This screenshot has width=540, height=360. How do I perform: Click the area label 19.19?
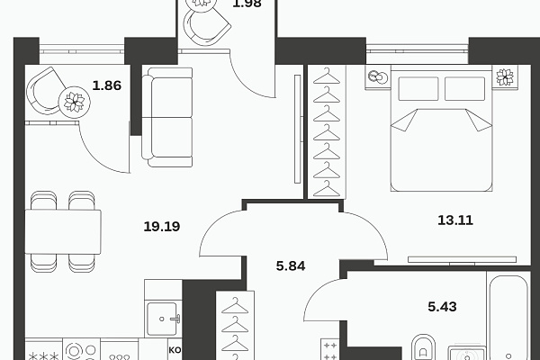coord(162,227)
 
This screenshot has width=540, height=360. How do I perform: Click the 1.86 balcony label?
coord(106,86)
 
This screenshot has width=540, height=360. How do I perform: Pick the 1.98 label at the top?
coord(247,4)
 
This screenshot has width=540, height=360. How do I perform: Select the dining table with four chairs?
coord(62,230)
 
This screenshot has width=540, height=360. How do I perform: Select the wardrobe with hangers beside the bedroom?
coord(325,131)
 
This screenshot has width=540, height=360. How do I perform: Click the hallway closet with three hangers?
coord(234,325)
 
